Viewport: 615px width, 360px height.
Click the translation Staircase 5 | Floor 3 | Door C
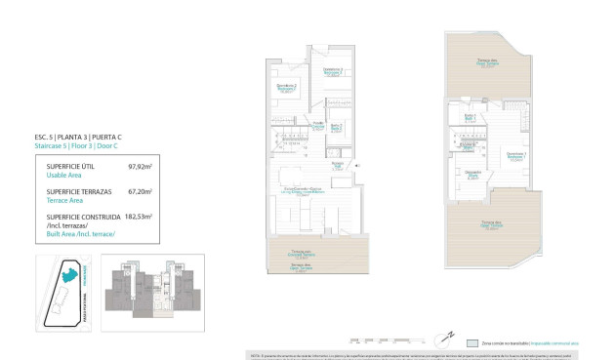[x=80, y=146]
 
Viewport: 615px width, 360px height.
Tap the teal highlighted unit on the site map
[x=68, y=276]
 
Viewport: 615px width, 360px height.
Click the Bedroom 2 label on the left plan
[x=287, y=87]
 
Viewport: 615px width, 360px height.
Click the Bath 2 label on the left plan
[x=335, y=127]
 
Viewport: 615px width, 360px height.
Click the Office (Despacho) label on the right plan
[x=473, y=174]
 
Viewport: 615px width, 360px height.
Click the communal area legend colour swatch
[x=472, y=343]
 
